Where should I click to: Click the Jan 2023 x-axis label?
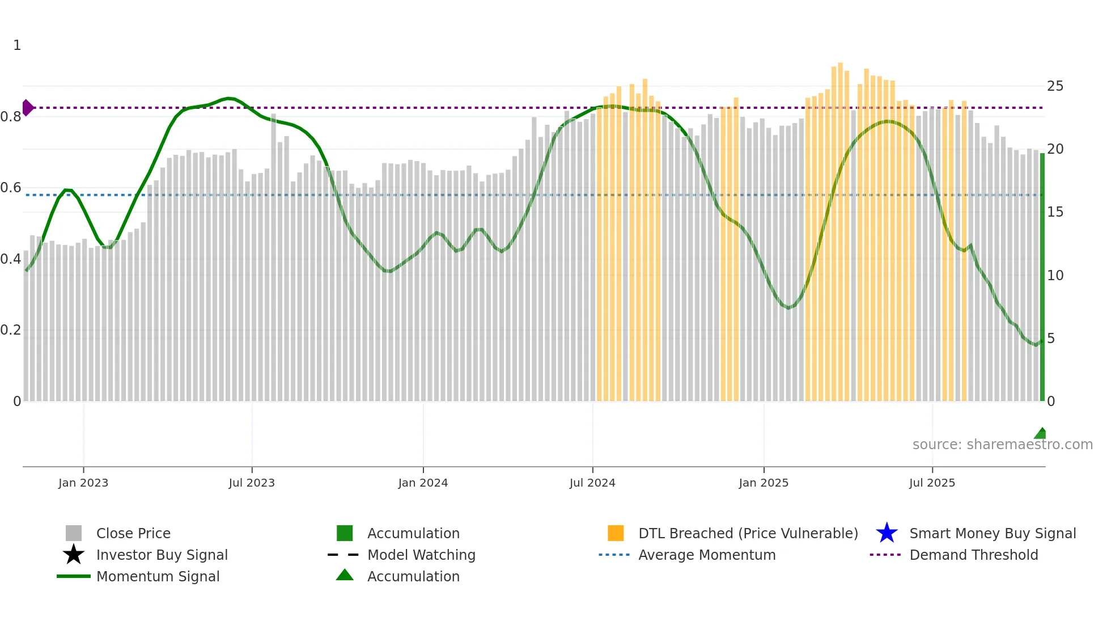83,483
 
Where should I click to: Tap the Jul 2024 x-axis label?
592,483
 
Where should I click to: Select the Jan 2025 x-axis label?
763,483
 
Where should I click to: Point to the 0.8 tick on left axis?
11,117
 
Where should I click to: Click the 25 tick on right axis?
1055,86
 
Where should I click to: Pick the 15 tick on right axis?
1055,212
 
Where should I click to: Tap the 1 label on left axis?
17,45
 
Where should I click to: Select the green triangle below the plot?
1041,434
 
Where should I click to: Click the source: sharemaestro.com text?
1002,445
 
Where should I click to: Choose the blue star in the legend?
887,533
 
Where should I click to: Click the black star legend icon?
74,555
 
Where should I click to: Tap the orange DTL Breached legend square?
616,533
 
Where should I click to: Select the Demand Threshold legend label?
973,555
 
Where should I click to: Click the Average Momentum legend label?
707,555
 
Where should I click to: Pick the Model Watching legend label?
421,555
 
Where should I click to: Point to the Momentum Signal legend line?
74,576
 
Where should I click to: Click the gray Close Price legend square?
74,533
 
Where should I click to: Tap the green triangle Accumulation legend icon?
345,575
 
